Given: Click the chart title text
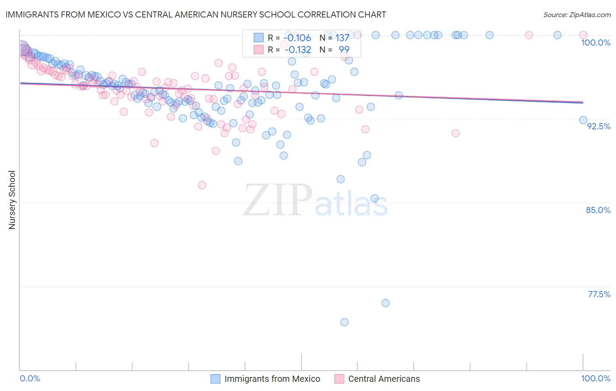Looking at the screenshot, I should (x=195, y=14).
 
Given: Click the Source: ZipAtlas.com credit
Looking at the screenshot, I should (x=577, y=14).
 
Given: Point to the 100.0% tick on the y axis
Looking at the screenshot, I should (x=595, y=43).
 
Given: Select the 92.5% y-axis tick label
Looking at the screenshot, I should (x=598, y=126).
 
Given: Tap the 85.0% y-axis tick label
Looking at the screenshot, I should (x=598, y=210).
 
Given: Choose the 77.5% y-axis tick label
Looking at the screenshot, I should (x=599, y=294).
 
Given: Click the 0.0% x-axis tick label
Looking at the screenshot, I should (x=30, y=378).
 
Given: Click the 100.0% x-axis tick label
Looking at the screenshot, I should (x=595, y=378).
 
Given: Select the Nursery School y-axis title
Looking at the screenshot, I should (x=12, y=199).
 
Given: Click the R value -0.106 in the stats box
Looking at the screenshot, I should (x=297, y=38).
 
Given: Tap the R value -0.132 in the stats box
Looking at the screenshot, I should (x=297, y=50).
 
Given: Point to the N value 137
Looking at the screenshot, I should (x=342, y=38).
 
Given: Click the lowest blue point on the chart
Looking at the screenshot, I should (x=344, y=322).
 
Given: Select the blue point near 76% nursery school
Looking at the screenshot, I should (x=386, y=303).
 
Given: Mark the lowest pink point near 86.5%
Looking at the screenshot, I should (x=202, y=185).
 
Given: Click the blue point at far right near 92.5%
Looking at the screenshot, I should (x=583, y=120).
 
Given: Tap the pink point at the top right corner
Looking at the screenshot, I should (x=583, y=35).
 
